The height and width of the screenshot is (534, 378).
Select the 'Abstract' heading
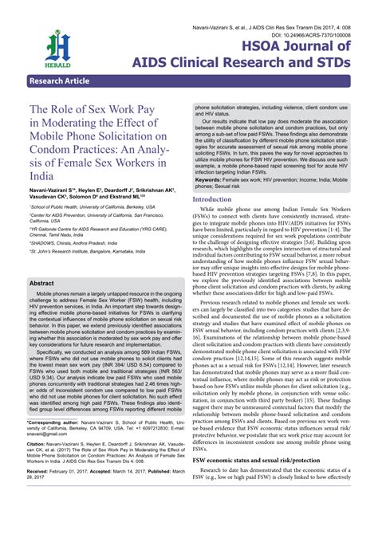(x=43, y=283)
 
